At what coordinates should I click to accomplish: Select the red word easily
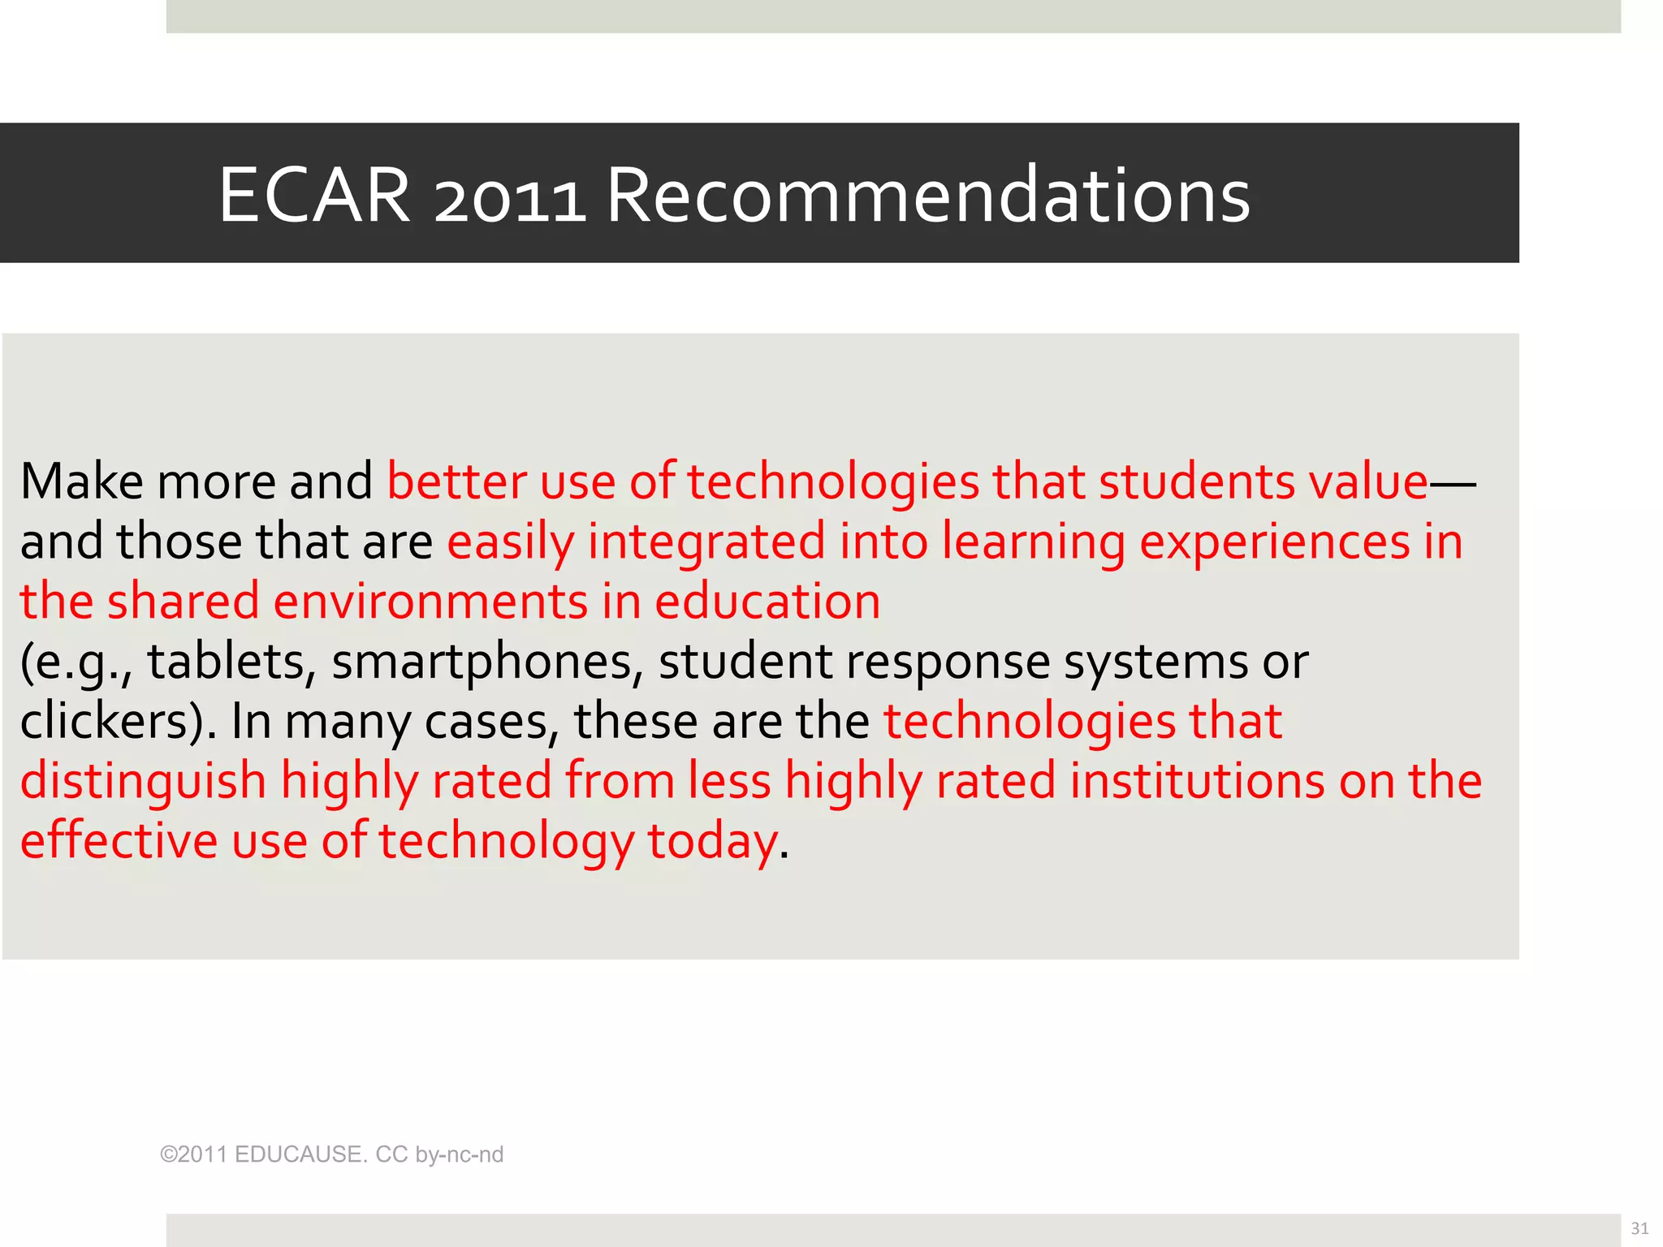[x=510, y=542]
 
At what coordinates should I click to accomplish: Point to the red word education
[x=767, y=602]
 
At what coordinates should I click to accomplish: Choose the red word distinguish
[x=143, y=782]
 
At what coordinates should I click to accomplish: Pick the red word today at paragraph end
[x=712, y=841]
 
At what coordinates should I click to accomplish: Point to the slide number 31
[x=1639, y=1228]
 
